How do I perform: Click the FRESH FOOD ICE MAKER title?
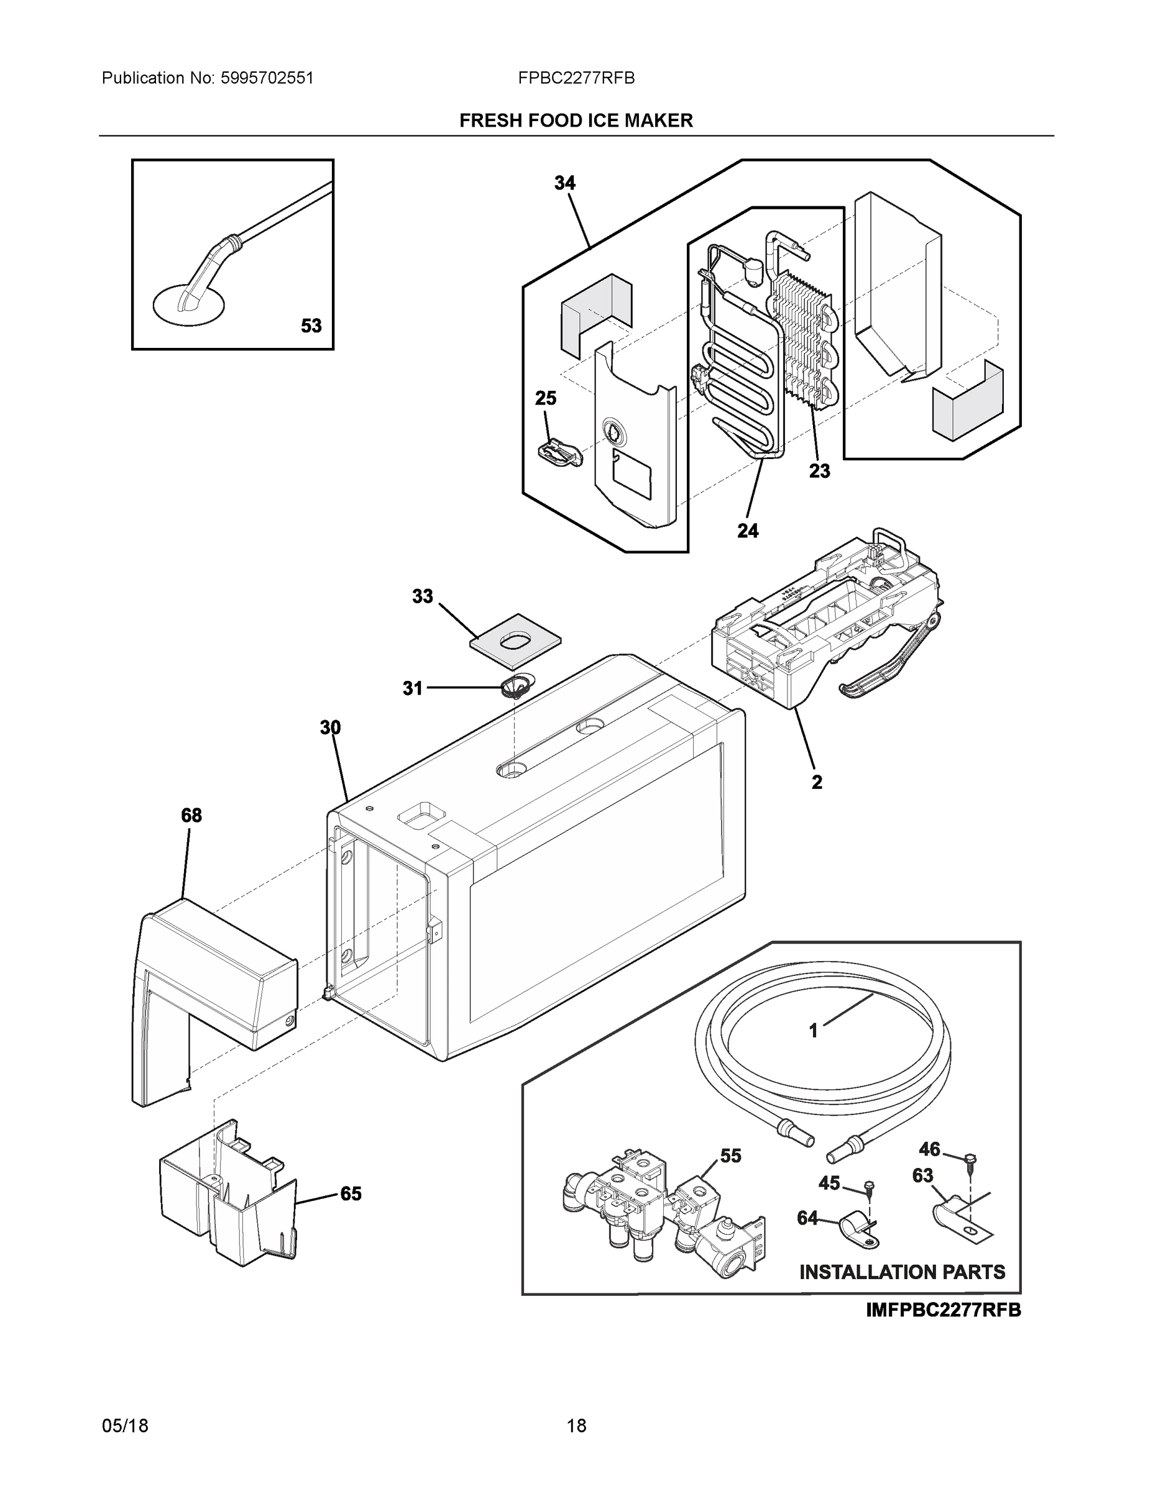(576, 121)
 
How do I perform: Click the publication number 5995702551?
(267, 78)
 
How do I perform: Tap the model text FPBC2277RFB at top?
(576, 78)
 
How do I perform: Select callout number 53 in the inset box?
(311, 326)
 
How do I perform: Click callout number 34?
(564, 183)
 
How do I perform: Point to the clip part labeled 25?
(559, 452)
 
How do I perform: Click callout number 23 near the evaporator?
(820, 470)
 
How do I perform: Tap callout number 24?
(747, 531)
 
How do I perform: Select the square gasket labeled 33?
(516, 642)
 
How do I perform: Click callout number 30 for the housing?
(330, 727)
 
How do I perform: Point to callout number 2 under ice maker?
(817, 782)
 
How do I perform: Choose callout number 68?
(191, 815)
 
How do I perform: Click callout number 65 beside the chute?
(351, 1194)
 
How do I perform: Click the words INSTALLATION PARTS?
(902, 1272)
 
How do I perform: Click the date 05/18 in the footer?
(125, 1426)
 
